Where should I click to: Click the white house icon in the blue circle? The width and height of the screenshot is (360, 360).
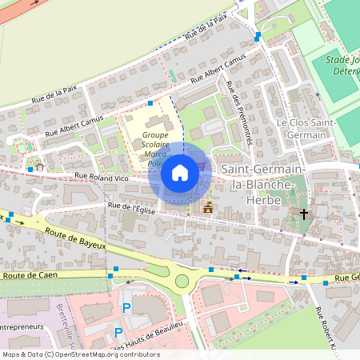point(180,172)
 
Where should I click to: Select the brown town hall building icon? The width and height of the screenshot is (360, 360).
point(208,207)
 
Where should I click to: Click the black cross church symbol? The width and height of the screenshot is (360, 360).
point(303,214)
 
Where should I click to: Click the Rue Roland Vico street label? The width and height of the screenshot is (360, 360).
point(102,175)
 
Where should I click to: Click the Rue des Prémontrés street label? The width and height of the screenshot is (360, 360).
point(240,112)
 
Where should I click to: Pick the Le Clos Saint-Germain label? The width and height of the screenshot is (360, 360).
point(302,129)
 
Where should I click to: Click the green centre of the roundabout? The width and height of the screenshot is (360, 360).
point(182,281)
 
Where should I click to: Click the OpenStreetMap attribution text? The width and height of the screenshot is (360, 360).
point(81,354)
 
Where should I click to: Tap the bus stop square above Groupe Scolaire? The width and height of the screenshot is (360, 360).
point(150,102)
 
